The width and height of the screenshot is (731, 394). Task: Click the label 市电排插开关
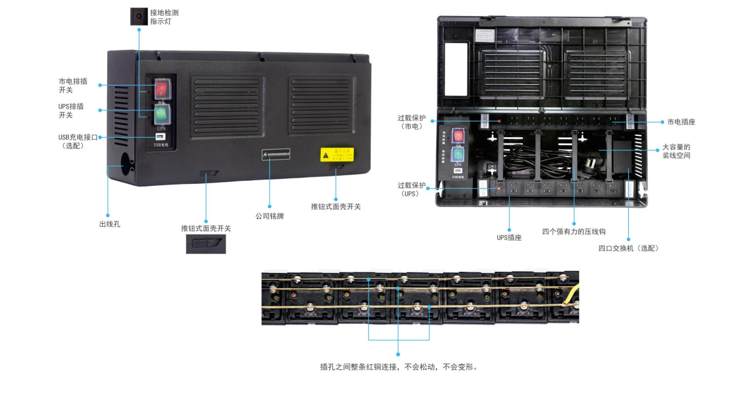(70, 85)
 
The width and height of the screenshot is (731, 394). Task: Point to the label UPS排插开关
(70, 110)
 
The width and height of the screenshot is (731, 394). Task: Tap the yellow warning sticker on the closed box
(337, 154)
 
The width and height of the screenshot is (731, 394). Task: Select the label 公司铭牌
(269, 216)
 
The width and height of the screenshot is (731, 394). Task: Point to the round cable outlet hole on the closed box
(123, 165)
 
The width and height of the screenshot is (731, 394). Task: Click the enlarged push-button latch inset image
(206, 244)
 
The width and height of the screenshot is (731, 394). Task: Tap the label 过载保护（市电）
(412, 122)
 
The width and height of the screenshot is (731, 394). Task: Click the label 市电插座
(681, 122)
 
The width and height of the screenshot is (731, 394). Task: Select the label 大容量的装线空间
(676, 151)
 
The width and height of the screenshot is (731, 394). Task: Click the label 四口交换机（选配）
(628, 247)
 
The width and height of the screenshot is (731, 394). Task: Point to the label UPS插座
(509, 238)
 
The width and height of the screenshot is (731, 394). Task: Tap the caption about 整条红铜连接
(399, 367)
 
